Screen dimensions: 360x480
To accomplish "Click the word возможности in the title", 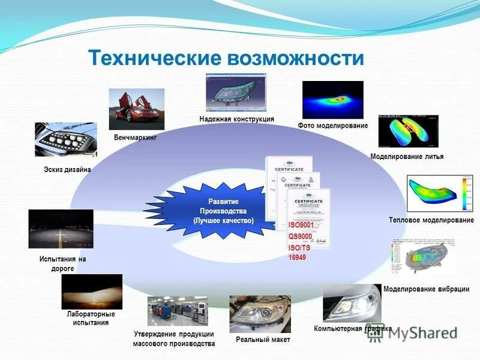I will [x=295, y=58].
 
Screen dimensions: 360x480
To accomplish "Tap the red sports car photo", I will [x=136, y=109].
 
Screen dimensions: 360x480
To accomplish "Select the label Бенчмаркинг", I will [x=135, y=138].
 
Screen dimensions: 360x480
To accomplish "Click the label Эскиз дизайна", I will [x=67, y=170].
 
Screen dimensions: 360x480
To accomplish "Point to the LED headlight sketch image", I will [x=65, y=139].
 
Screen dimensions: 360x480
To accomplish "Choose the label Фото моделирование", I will [x=332, y=125].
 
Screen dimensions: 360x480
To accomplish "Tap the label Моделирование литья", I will [x=407, y=157].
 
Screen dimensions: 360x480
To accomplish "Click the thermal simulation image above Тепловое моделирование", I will [x=440, y=193].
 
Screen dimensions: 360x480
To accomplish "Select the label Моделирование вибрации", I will [x=426, y=289].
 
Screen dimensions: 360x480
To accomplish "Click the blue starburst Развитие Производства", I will [x=223, y=211].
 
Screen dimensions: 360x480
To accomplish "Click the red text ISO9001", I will [x=301, y=224].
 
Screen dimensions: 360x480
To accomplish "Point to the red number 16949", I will [x=297, y=257].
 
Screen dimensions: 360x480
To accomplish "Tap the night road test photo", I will [x=61, y=229].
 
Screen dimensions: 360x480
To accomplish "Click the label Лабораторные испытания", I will [x=91, y=318].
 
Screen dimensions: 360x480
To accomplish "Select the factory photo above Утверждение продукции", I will [x=178, y=311].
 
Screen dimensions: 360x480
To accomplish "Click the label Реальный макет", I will [x=263, y=340].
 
